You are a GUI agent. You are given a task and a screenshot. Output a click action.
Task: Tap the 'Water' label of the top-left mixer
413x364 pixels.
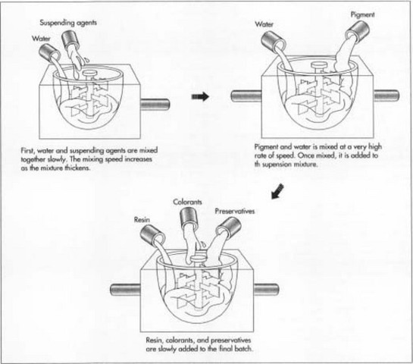click(41, 37)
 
